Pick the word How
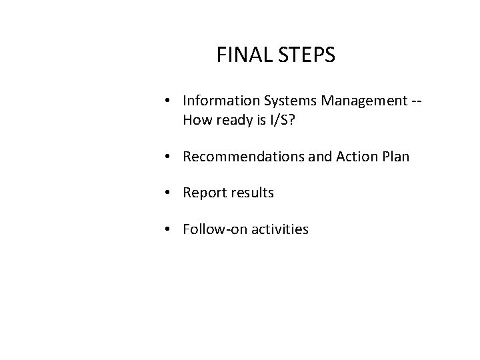click(x=196, y=120)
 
